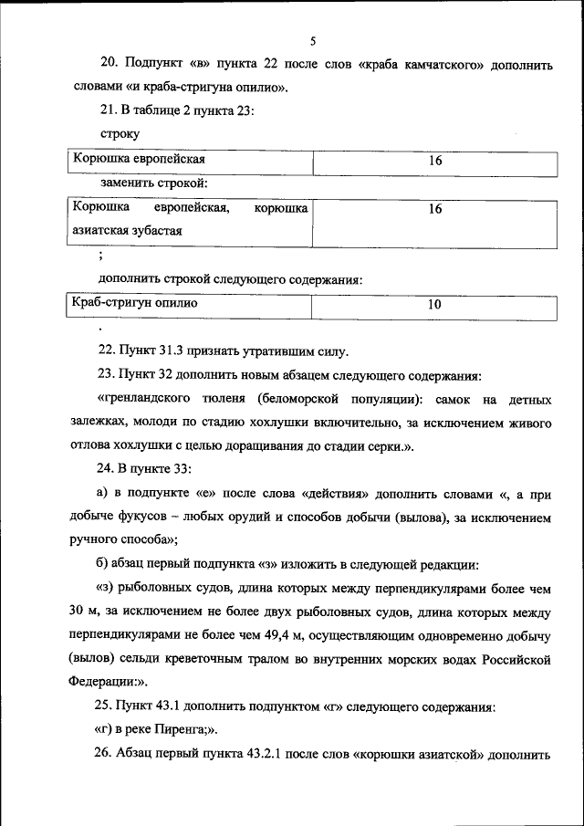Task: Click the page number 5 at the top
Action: coord(313,41)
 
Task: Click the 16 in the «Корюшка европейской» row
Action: coord(434,161)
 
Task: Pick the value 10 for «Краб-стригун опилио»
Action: coord(434,304)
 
